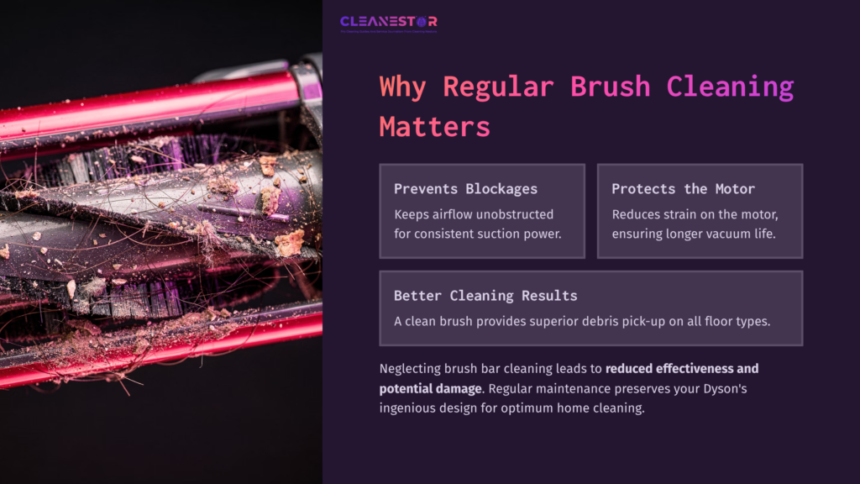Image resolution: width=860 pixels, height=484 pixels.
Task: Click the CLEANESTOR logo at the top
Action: pos(388,23)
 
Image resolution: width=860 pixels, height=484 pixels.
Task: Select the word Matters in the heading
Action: pos(434,126)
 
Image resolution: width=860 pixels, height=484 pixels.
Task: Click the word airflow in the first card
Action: pos(459,214)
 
